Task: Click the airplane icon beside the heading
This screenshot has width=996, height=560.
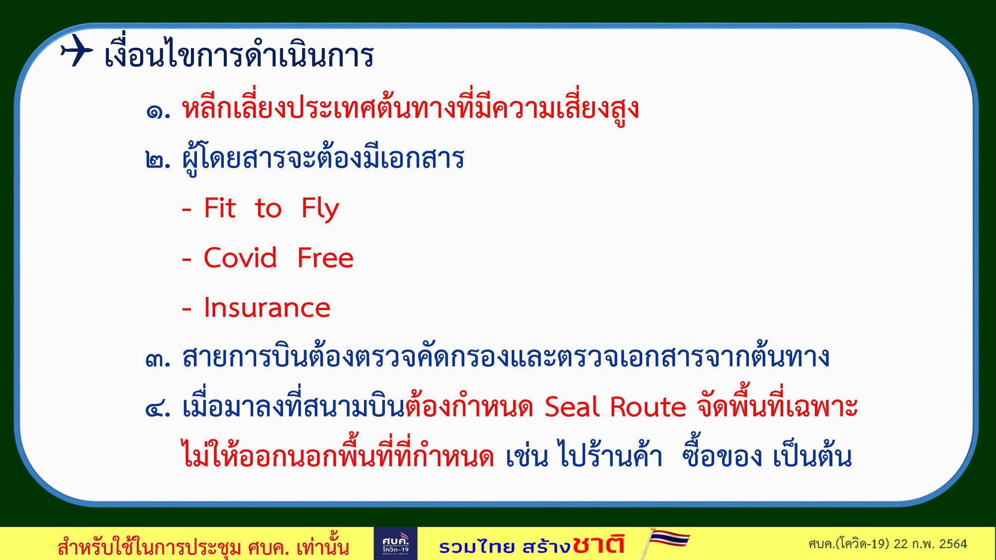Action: coord(77,50)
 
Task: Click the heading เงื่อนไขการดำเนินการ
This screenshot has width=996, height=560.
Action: coord(239,53)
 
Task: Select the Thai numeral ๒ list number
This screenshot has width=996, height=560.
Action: coord(158,160)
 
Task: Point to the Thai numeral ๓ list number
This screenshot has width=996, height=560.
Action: coord(158,359)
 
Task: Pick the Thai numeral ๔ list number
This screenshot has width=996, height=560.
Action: coord(158,408)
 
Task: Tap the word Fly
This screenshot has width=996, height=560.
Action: coord(320,209)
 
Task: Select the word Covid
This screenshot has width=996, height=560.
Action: coord(240,257)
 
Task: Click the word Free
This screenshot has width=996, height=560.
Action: coord(325,257)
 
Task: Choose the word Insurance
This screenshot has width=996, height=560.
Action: coord(267,308)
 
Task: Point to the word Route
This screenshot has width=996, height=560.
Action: coord(648,407)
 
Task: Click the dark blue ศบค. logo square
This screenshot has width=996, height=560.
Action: coord(395,544)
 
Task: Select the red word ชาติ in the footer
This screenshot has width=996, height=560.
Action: coord(598,544)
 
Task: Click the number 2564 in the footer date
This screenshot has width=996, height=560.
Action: coord(953,544)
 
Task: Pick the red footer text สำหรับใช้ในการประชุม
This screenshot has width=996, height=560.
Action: coord(149,547)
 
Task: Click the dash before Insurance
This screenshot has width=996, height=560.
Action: coord(187,309)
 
